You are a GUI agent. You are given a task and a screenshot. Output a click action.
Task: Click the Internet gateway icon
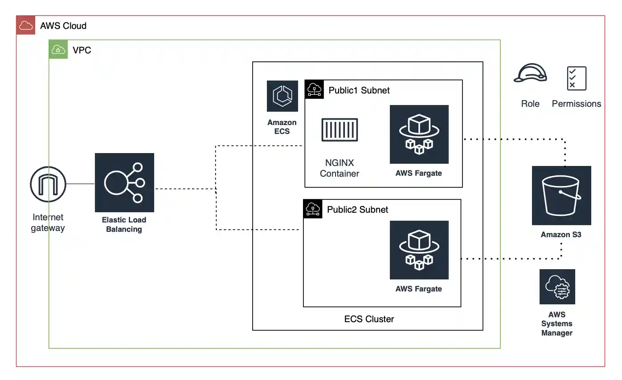coord(48,184)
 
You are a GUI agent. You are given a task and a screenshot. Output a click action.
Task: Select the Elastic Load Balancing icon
coord(124,182)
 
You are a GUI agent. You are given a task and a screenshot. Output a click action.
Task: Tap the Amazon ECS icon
coord(282,96)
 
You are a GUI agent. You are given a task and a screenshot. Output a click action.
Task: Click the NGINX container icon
coord(340,130)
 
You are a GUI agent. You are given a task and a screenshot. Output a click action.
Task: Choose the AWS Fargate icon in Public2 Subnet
coord(419,250)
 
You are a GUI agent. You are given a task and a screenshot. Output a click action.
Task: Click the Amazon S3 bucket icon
coord(561,195)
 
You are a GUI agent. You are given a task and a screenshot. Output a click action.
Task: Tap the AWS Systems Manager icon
coord(557,287)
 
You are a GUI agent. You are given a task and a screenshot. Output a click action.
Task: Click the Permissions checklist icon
coord(576,78)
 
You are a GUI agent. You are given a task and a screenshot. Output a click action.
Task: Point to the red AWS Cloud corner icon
coord(25,25)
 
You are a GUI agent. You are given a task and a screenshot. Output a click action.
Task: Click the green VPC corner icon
coord(58,49)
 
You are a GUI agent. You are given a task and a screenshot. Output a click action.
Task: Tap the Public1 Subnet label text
coord(359,90)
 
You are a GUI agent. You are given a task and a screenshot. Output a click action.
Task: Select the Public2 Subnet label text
coord(358,210)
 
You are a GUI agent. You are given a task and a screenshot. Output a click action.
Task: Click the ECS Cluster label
coord(369,319)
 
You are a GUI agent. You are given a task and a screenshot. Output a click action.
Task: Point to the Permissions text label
coord(576,104)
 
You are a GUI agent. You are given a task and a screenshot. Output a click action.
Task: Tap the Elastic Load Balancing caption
coord(124,225)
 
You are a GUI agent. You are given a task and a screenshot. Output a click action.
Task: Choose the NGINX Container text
coord(340,168)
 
